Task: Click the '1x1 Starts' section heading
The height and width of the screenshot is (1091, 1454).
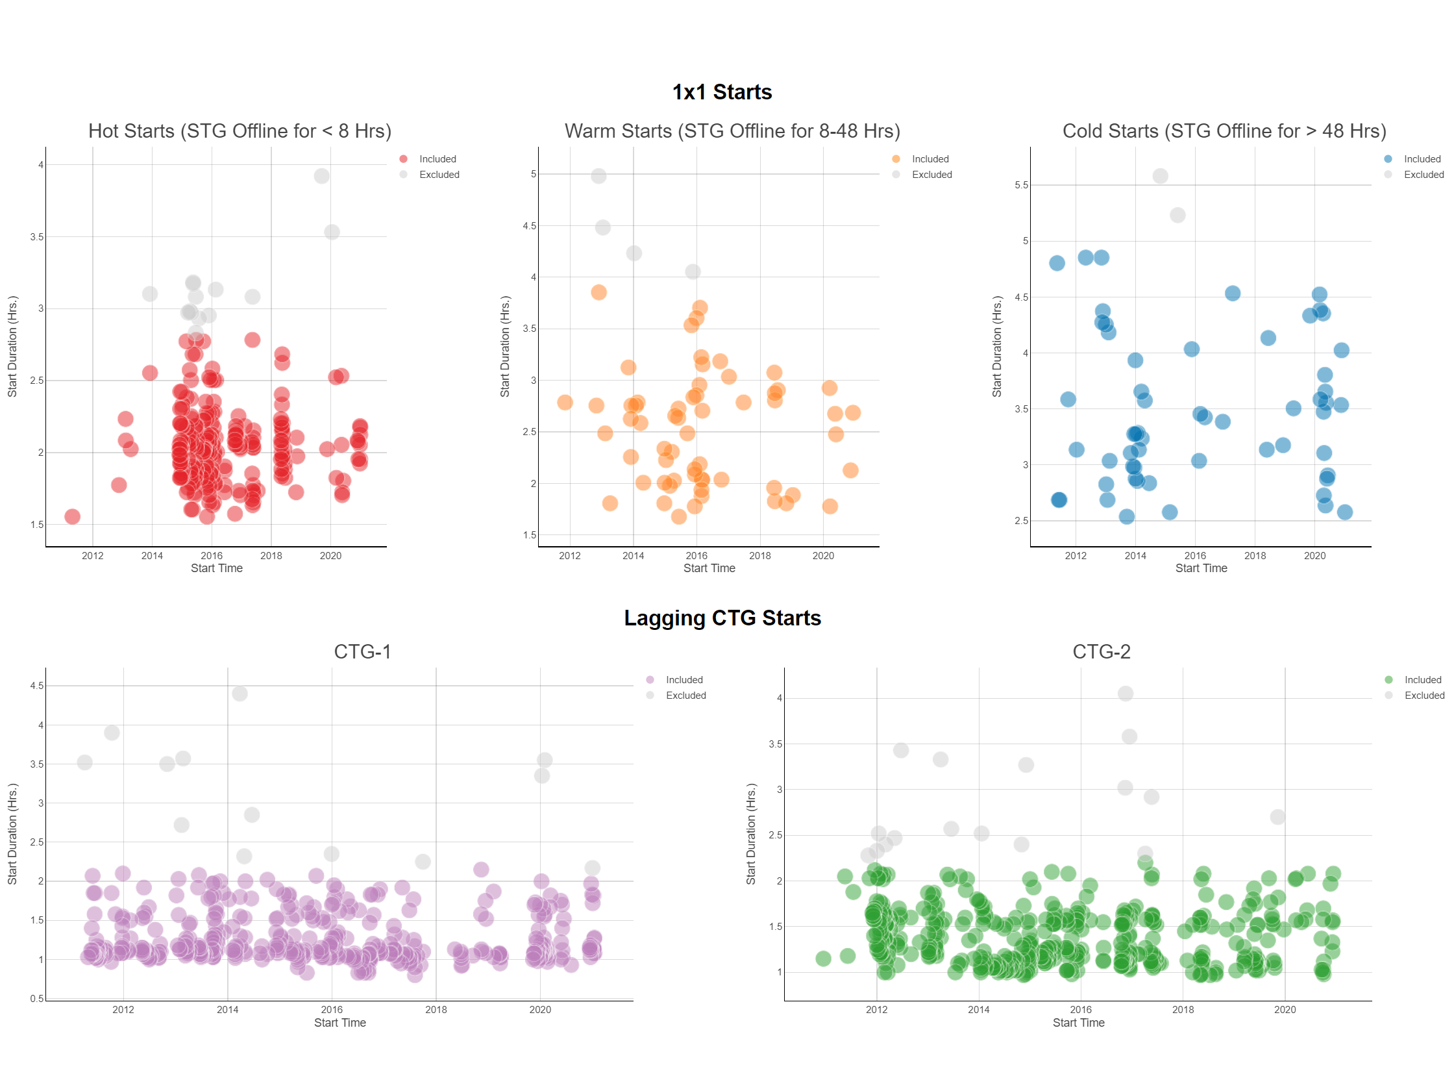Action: pos(722,92)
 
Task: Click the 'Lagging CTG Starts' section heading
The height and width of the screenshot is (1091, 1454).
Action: pos(722,618)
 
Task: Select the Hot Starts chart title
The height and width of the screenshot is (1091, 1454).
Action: pos(240,131)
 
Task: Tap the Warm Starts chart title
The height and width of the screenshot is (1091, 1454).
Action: pos(732,131)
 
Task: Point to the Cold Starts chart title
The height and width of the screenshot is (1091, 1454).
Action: pos(1224,131)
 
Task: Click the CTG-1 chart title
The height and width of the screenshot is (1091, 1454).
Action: pos(362,652)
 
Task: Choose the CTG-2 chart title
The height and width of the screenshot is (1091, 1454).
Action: pos(1101,652)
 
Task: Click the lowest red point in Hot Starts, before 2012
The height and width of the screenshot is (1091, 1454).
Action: pos(72,517)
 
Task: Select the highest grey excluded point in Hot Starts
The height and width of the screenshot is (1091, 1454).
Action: pos(321,176)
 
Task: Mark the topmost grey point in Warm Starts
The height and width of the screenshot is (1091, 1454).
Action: pos(598,176)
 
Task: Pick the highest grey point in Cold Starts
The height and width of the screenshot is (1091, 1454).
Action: pos(1160,176)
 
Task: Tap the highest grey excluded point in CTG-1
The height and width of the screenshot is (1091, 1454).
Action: pos(240,694)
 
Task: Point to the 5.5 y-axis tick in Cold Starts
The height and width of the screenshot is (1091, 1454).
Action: pos(1021,186)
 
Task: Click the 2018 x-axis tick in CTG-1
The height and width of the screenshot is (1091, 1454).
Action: pos(436,1009)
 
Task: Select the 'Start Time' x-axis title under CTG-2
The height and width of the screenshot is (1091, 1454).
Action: pos(1078,1023)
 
